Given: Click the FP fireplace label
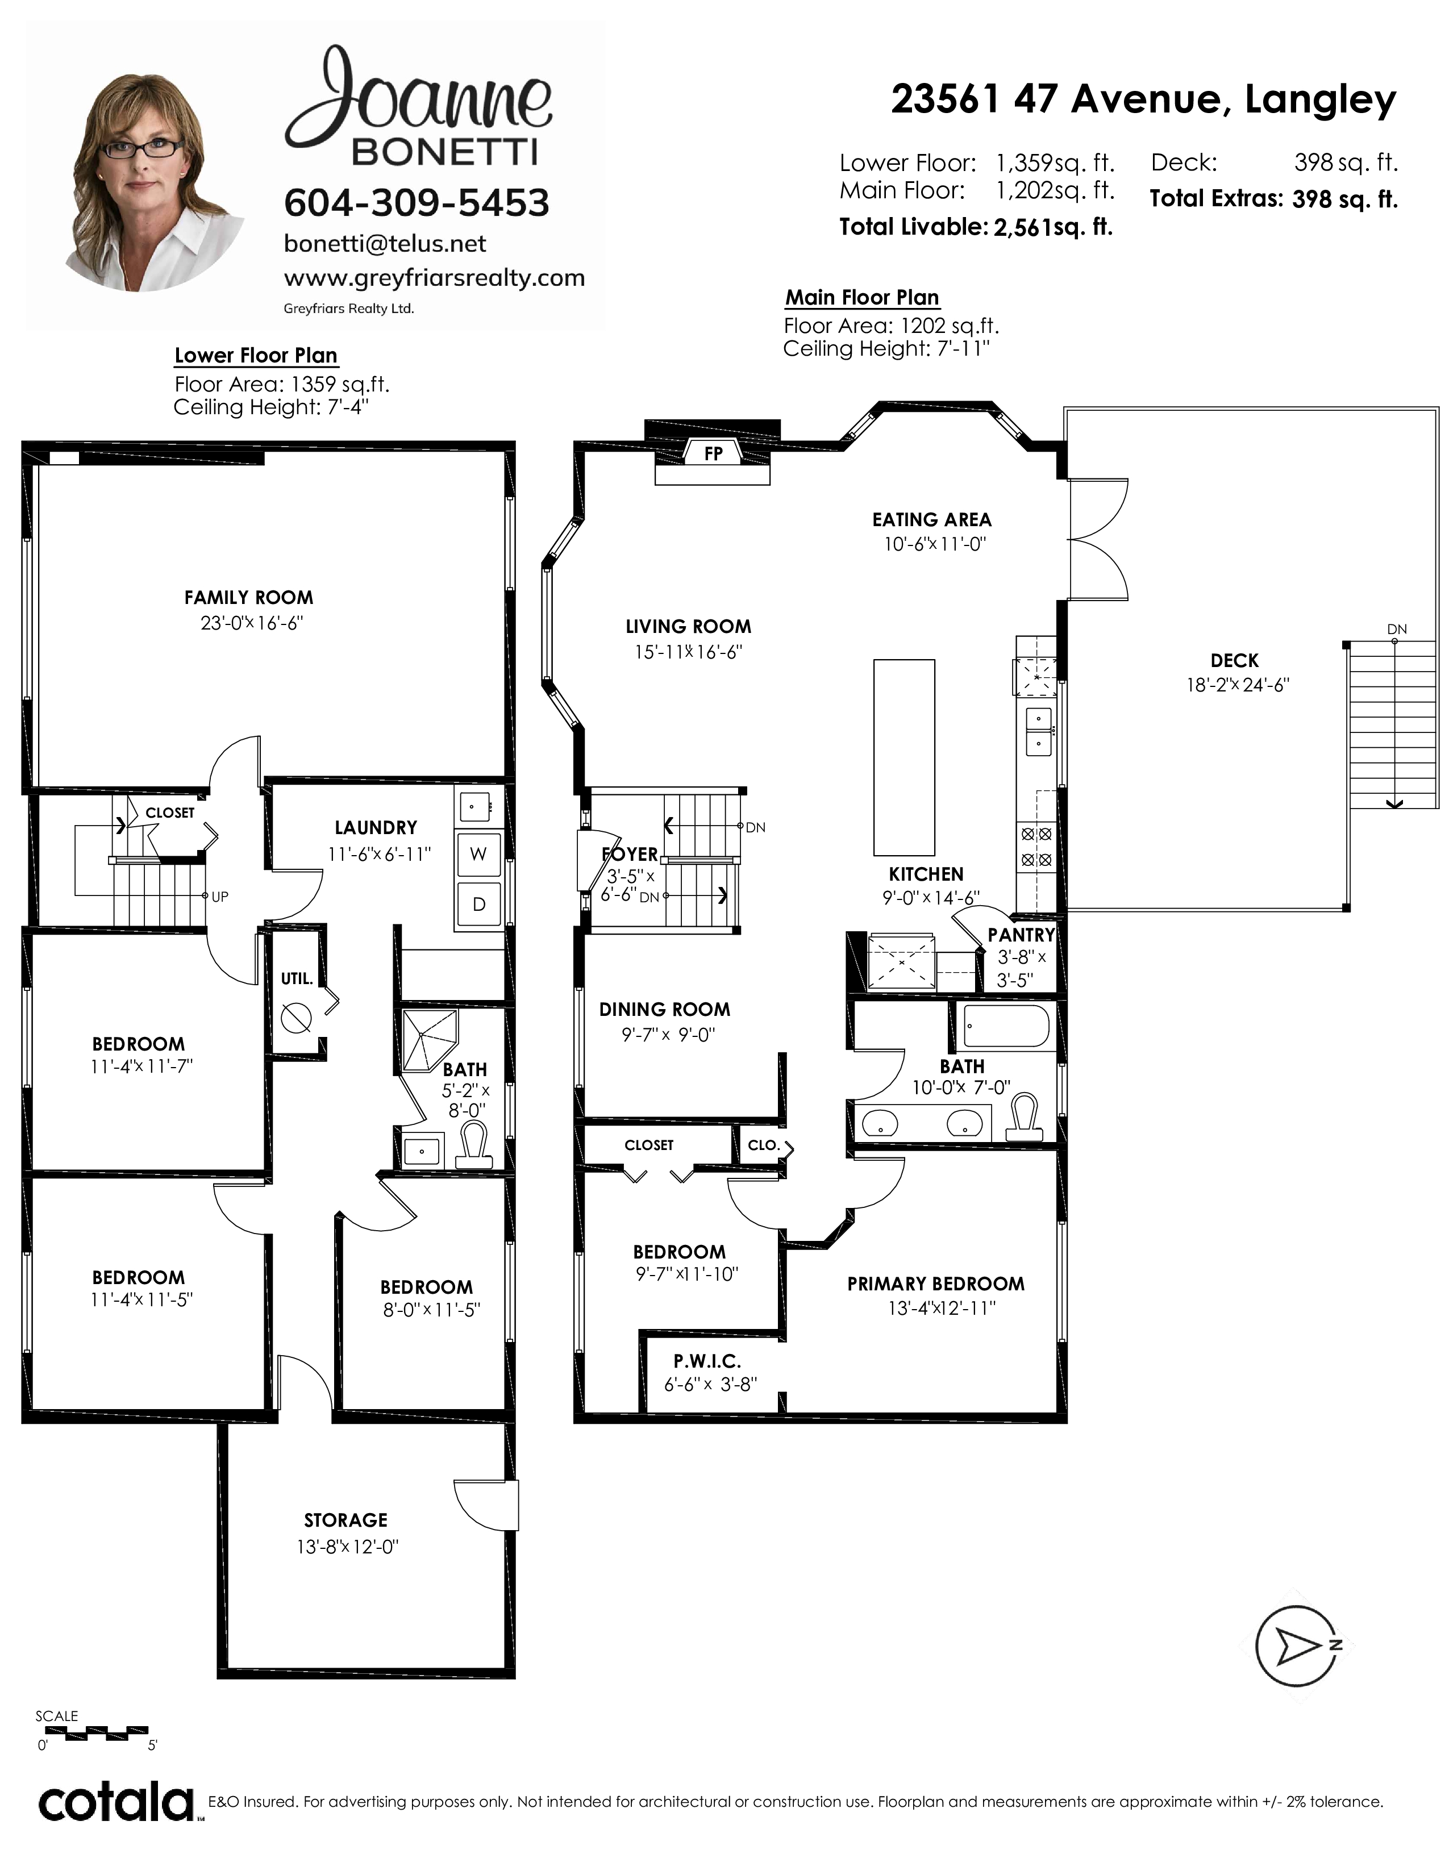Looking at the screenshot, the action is tap(713, 453).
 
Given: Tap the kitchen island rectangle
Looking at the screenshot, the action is tap(904, 757).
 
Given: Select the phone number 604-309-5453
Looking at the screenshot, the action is tap(417, 203).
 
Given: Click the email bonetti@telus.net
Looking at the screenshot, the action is tap(385, 244).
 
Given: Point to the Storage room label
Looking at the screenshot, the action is tap(346, 1520).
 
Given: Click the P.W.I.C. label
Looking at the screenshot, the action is tap(706, 1361).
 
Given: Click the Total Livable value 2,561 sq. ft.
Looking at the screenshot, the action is tap(1054, 227).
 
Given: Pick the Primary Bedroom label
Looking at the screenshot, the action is tap(936, 1284).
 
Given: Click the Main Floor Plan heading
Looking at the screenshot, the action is tap(863, 297).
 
